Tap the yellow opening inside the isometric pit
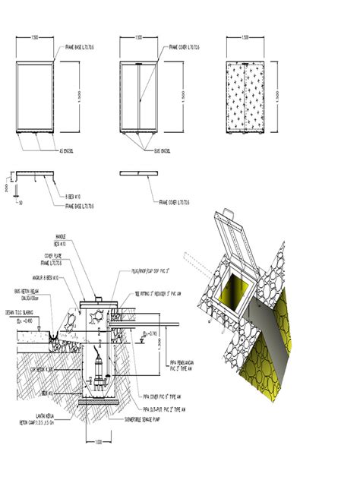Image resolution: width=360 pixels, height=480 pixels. tap(235, 289)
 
